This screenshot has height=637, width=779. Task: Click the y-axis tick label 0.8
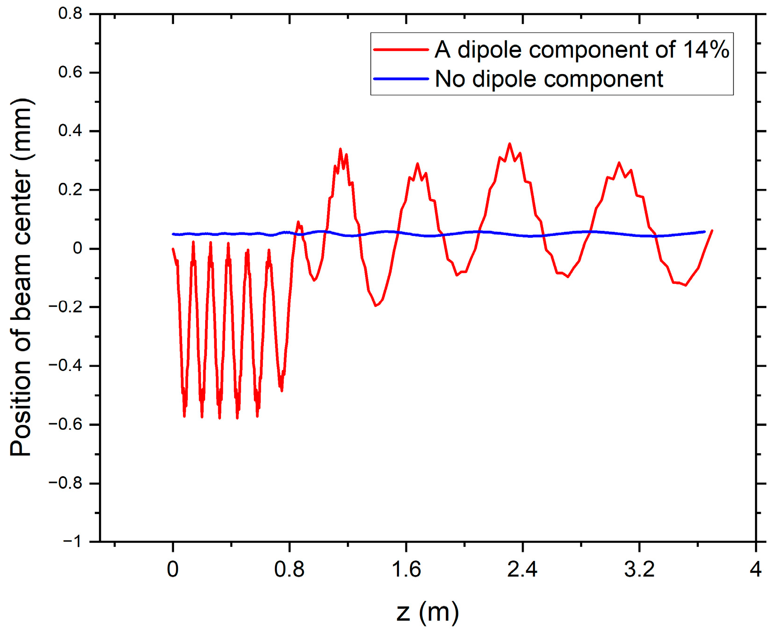[x=70, y=14]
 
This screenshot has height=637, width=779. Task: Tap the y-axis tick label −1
[x=72, y=542]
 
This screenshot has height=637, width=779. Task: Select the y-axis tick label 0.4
[x=70, y=131]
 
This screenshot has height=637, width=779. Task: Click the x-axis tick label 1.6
[x=406, y=569]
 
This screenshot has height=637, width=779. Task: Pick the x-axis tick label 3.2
[x=639, y=569]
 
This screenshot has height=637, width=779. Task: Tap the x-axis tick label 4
[x=756, y=569]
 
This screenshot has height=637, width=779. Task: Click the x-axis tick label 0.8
[x=289, y=569]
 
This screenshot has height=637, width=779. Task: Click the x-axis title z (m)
[x=428, y=612]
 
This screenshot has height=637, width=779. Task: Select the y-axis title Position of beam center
[x=21, y=277]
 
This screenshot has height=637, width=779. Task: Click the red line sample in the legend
[x=401, y=50]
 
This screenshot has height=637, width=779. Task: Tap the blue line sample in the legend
[x=401, y=79]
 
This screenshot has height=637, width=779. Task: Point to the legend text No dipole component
[x=549, y=79]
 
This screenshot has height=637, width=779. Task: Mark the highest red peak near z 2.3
[x=510, y=144]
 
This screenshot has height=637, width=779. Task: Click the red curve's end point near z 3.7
[x=712, y=230]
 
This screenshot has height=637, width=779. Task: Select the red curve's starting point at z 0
[x=173, y=249]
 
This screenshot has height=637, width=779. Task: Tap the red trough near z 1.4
[x=375, y=306]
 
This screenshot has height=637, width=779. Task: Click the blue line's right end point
[x=704, y=231]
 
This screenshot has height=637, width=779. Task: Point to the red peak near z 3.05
[x=619, y=162]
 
